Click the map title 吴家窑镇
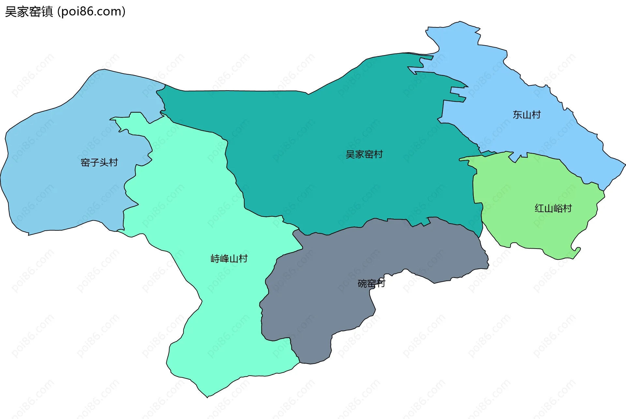click(29, 12)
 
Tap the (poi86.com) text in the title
click(92, 12)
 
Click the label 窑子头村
click(99, 162)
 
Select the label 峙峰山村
click(229, 259)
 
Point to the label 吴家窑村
click(364, 154)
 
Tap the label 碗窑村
click(371, 283)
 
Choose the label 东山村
click(527, 115)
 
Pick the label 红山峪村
click(553, 209)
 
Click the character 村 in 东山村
click(536, 115)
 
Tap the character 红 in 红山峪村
click(539, 209)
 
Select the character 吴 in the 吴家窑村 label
click(350, 154)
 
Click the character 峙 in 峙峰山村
click(215, 259)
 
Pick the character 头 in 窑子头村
click(104, 162)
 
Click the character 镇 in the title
click(47, 12)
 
